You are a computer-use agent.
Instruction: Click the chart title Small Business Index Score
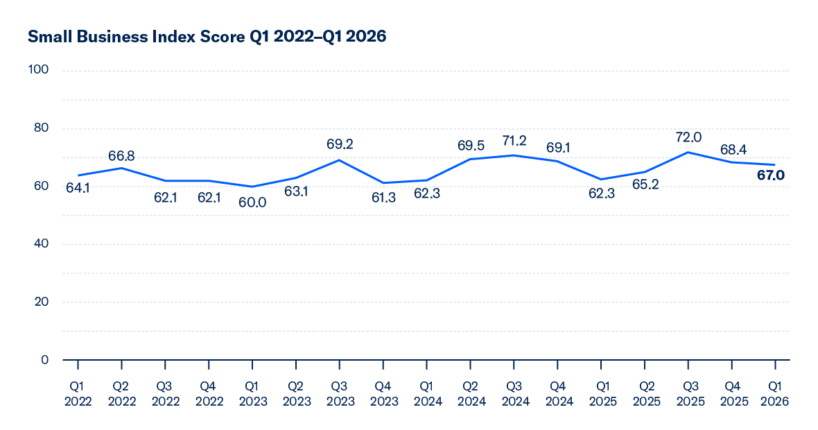coord(207,37)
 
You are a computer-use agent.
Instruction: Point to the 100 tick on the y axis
coord(39,70)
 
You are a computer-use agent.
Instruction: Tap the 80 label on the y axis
coord(41,128)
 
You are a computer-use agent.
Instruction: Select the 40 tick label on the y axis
coord(41,244)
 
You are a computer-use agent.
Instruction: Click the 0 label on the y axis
coord(45,359)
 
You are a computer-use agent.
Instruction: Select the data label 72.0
coord(688,137)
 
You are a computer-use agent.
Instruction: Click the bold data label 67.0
coord(769,176)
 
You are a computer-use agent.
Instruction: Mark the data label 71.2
coord(514,141)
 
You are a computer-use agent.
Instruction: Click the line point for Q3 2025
coord(688,153)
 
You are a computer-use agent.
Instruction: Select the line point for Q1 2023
coord(252,187)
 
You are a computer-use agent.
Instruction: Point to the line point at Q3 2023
coord(340,160)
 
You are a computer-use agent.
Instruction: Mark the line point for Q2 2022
coord(122,168)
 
